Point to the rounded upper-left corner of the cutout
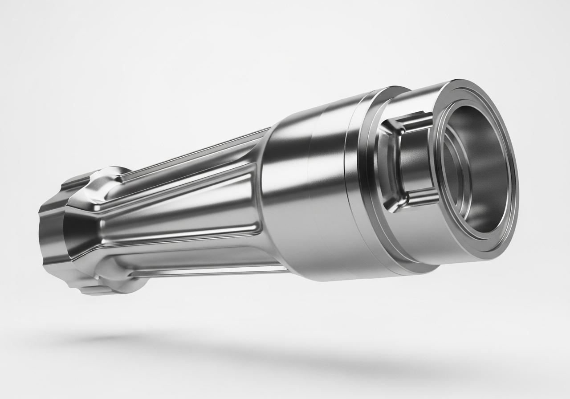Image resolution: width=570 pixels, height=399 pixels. pyautogui.click(x=398, y=129)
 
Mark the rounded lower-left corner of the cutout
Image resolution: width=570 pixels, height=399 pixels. pyautogui.click(x=394, y=203)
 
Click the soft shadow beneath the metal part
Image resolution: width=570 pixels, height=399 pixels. pyautogui.click(x=267, y=352)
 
